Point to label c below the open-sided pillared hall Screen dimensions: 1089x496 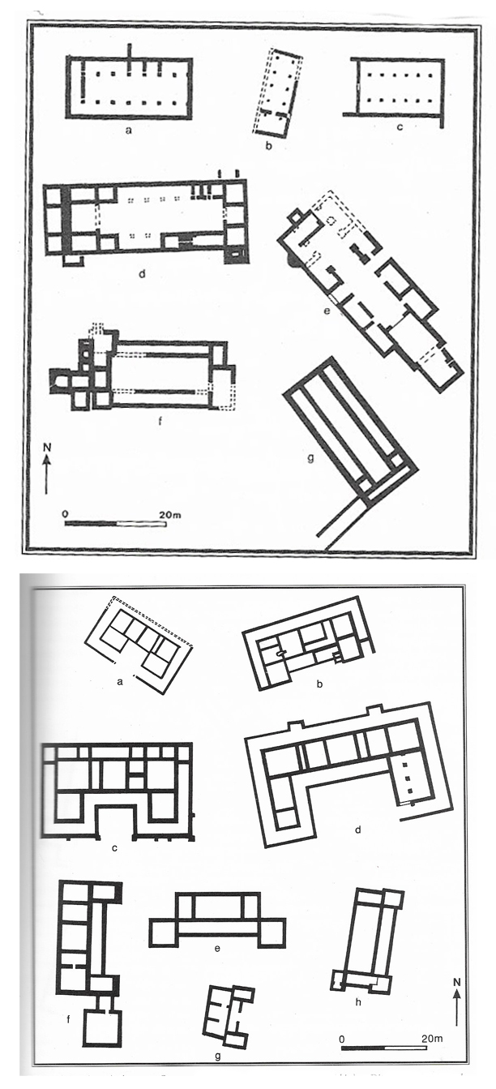click(398, 127)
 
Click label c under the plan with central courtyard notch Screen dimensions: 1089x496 click(115, 848)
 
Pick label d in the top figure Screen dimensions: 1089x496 click(141, 273)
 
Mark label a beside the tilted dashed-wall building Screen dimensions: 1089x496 click(120, 682)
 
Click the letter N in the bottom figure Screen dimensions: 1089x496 click(456, 984)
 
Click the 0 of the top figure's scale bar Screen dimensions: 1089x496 click(65, 513)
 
